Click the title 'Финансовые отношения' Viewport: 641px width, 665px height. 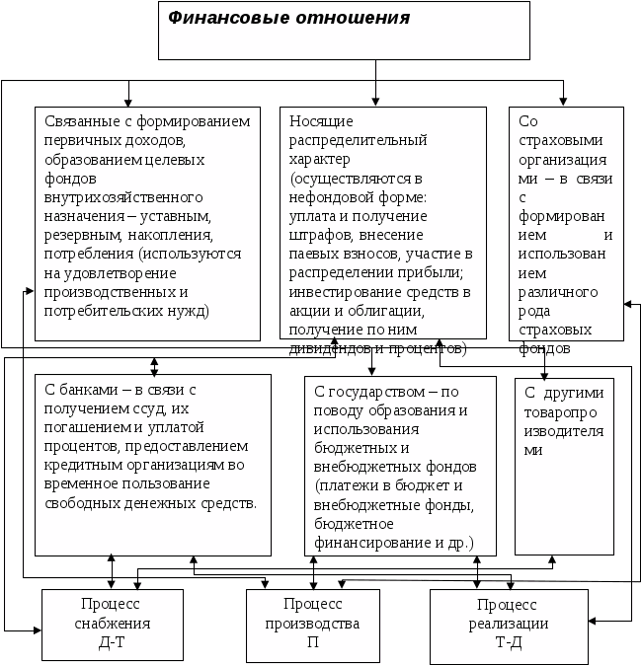click(x=287, y=18)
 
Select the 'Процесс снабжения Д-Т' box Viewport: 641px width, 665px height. click(x=112, y=624)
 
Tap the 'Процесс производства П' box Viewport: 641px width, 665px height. click(x=312, y=624)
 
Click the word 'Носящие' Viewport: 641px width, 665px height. click(x=317, y=121)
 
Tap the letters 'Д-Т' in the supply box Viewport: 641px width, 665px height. click(x=112, y=641)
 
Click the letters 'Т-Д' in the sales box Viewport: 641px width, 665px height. click(x=508, y=641)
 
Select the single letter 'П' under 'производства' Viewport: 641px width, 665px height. click(x=312, y=641)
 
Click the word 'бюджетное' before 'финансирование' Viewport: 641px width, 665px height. click(x=346, y=524)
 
